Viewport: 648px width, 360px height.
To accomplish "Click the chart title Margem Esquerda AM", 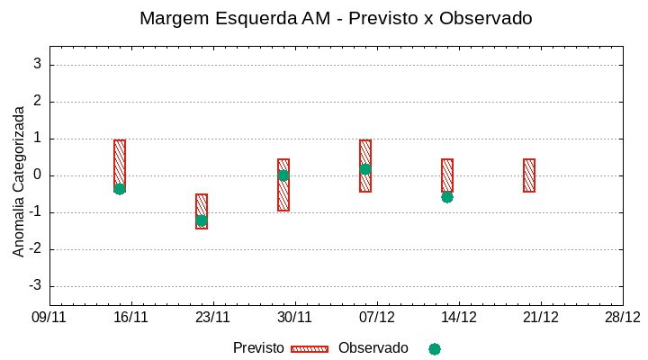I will pos(336,18).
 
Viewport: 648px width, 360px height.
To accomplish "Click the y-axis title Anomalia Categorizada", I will pos(19,181).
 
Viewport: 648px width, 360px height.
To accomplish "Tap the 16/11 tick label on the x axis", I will pos(131,317).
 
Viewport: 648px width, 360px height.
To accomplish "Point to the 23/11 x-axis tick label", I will pos(213,317).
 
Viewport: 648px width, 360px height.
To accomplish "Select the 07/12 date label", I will pos(377,317).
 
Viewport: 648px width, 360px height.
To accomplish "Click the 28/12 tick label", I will pos(622,317).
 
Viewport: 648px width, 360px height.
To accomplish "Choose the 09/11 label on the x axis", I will pos(49,317).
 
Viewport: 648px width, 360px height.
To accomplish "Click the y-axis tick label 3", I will pos(38,65).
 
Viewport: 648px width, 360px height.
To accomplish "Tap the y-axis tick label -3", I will pos(35,286).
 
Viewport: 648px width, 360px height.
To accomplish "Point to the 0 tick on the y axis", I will pos(38,175).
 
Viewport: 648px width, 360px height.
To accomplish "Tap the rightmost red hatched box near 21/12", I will pos(529,175).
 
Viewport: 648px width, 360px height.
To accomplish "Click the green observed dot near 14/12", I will pos(447,197).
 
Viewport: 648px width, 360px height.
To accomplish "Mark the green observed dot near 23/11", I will pos(202,220).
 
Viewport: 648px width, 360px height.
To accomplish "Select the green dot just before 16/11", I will pos(120,189).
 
